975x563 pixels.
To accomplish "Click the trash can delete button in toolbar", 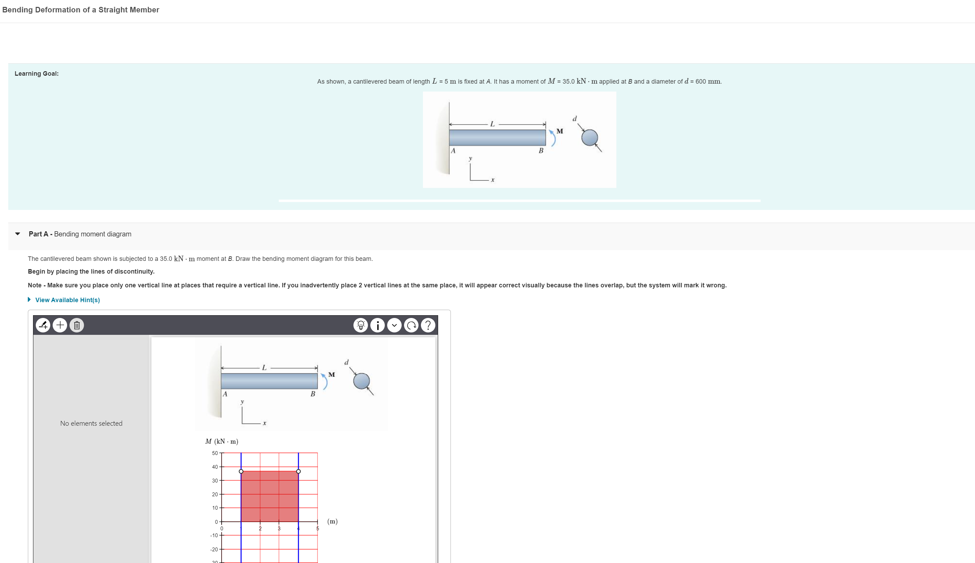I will pos(76,325).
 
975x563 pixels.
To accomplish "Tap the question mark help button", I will pos(427,325).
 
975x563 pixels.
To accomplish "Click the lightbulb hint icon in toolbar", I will pos(361,325).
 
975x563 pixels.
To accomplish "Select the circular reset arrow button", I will pos(411,325).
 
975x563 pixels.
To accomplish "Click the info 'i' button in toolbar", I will pos(377,325).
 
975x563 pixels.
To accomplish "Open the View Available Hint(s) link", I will pos(67,300).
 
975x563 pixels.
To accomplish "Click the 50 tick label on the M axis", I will pos(214,453).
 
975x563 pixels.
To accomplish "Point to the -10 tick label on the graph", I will pos(214,535).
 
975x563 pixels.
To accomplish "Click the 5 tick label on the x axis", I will pos(318,529).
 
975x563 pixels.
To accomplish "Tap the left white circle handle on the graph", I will pos(241,471).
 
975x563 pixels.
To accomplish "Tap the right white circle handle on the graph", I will pos(298,471).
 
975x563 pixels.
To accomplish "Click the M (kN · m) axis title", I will pos(222,441).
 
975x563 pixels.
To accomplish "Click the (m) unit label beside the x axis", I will pos(332,521).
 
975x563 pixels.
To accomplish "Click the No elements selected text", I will pos(91,423).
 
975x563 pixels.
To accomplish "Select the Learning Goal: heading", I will pos(37,73).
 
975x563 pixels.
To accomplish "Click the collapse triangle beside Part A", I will pos(18,234).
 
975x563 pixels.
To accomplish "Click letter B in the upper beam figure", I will pos(541,151).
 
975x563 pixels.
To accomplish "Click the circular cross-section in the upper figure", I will pos(590,138).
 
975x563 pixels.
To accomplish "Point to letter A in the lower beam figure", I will pos(225,394).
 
